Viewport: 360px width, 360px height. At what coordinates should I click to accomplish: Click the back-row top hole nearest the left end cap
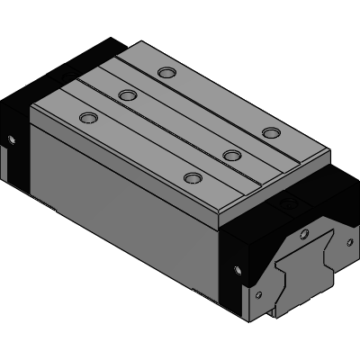point(164,73)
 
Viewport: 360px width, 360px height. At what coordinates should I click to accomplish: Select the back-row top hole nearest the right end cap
point(270,133)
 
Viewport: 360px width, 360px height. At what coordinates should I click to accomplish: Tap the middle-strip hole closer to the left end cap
point(127,94)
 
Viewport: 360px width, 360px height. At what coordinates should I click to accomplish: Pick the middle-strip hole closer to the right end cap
point(231,156)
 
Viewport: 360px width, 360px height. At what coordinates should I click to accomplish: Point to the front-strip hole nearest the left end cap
point(87,118)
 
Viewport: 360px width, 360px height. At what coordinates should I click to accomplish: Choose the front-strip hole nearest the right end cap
point(191,177)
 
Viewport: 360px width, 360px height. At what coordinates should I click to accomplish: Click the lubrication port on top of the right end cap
point(289,206)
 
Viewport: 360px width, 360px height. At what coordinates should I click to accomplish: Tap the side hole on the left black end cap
point(12,139)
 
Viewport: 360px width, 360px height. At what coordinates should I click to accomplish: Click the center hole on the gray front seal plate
point(303,236)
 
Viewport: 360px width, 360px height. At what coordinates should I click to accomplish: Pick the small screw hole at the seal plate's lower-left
point(258,292)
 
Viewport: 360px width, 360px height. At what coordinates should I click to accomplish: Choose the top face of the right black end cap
point(279,216)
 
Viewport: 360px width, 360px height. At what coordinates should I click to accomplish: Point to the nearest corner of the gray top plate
point(220,224)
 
